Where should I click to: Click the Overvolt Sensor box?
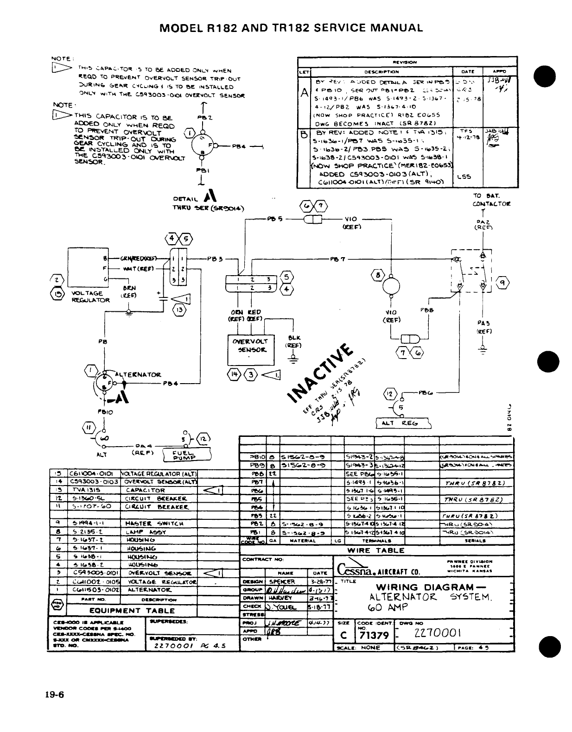(x=250, y=349)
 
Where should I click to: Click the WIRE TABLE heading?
(x=376, y=550)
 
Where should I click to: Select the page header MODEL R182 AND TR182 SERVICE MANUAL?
(x=291, y=27)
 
